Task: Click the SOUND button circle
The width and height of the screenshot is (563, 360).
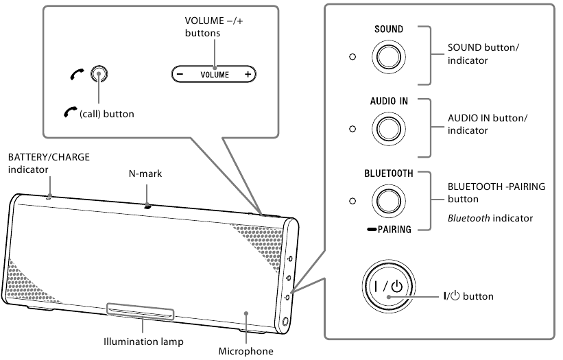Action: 388,56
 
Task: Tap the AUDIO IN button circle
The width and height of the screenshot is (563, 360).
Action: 388,128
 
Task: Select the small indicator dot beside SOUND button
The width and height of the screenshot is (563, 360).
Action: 352,56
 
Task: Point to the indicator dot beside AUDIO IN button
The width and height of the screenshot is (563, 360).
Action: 352,128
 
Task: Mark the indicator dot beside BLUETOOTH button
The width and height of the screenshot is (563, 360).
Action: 352,201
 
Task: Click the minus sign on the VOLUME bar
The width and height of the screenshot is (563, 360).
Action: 180,73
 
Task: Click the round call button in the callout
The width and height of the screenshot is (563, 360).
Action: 99,73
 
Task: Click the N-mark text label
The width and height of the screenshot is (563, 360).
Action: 145,174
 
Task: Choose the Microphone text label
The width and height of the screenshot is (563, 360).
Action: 245,351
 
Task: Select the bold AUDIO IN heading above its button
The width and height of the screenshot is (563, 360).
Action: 388,101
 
